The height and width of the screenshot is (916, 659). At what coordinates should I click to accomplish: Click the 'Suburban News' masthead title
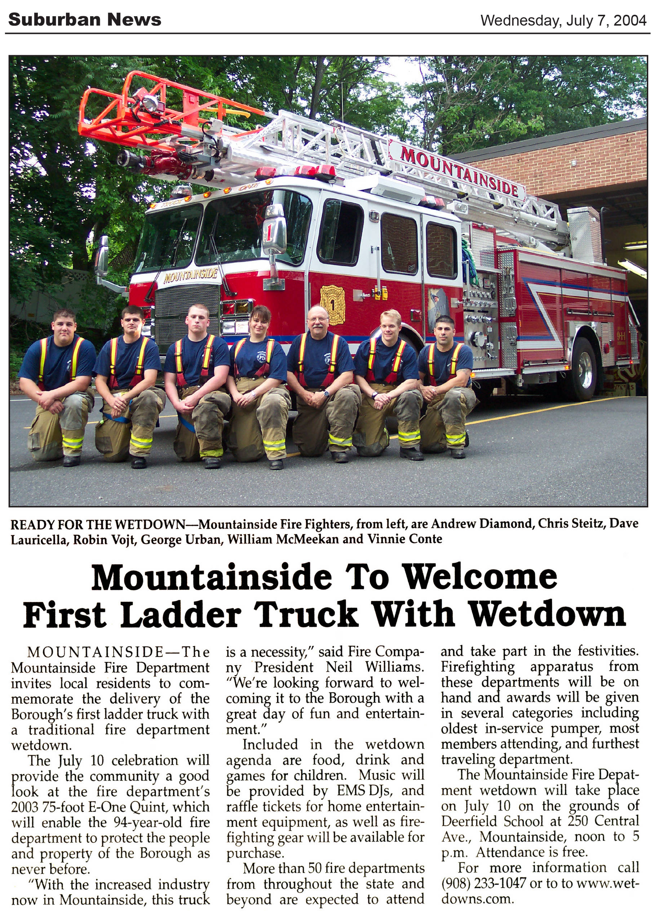pos(84,19)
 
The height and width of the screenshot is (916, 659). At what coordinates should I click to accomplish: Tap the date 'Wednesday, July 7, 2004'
pos(563,20)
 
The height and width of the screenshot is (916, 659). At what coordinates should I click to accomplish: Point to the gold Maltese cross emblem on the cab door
pos(332,305)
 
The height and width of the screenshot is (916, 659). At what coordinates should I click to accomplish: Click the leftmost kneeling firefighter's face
pos(65,325)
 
